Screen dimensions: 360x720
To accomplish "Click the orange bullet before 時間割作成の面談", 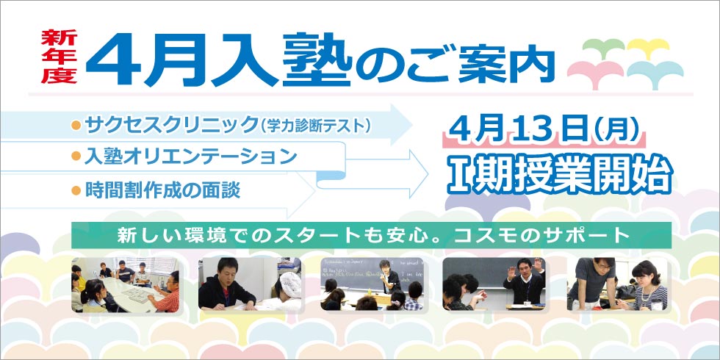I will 75,190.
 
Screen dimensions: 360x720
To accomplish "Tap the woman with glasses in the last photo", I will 647,283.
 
